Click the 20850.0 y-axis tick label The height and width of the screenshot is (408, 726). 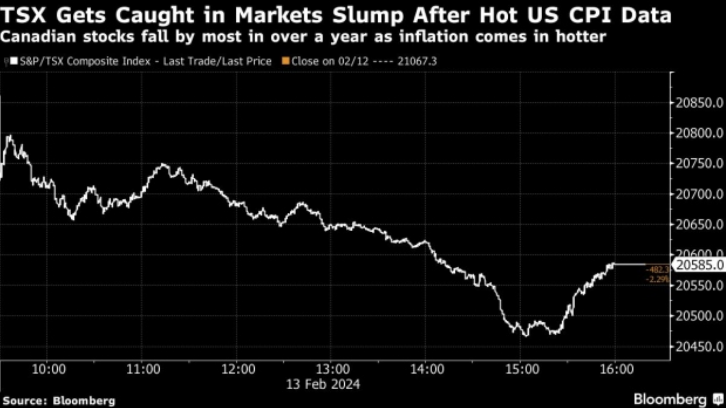(x=699, y=103)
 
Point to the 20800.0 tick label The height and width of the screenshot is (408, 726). (x=699, y=133)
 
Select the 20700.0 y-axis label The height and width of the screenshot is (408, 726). (x=699, y=194)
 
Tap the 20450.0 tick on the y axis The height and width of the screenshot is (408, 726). (x=699, y=347)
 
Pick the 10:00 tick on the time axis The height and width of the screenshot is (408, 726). (x=48, y=369)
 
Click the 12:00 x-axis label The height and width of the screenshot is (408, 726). (x=238, y=369)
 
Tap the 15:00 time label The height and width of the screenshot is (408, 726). (x=522, y=369)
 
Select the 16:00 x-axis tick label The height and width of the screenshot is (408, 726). (x=616, y=369)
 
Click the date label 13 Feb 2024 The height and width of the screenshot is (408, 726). (x=323, y=384)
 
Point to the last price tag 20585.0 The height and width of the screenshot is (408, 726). (x=699, y=265)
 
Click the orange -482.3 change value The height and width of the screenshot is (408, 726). (x=657, y=270)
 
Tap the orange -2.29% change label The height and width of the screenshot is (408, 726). (x=657, y=279)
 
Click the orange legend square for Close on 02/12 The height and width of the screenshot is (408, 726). (x=286, y=61)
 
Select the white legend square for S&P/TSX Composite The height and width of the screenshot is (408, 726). (x=14, y=61)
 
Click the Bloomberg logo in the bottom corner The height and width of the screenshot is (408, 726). (x=676, y=399)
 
